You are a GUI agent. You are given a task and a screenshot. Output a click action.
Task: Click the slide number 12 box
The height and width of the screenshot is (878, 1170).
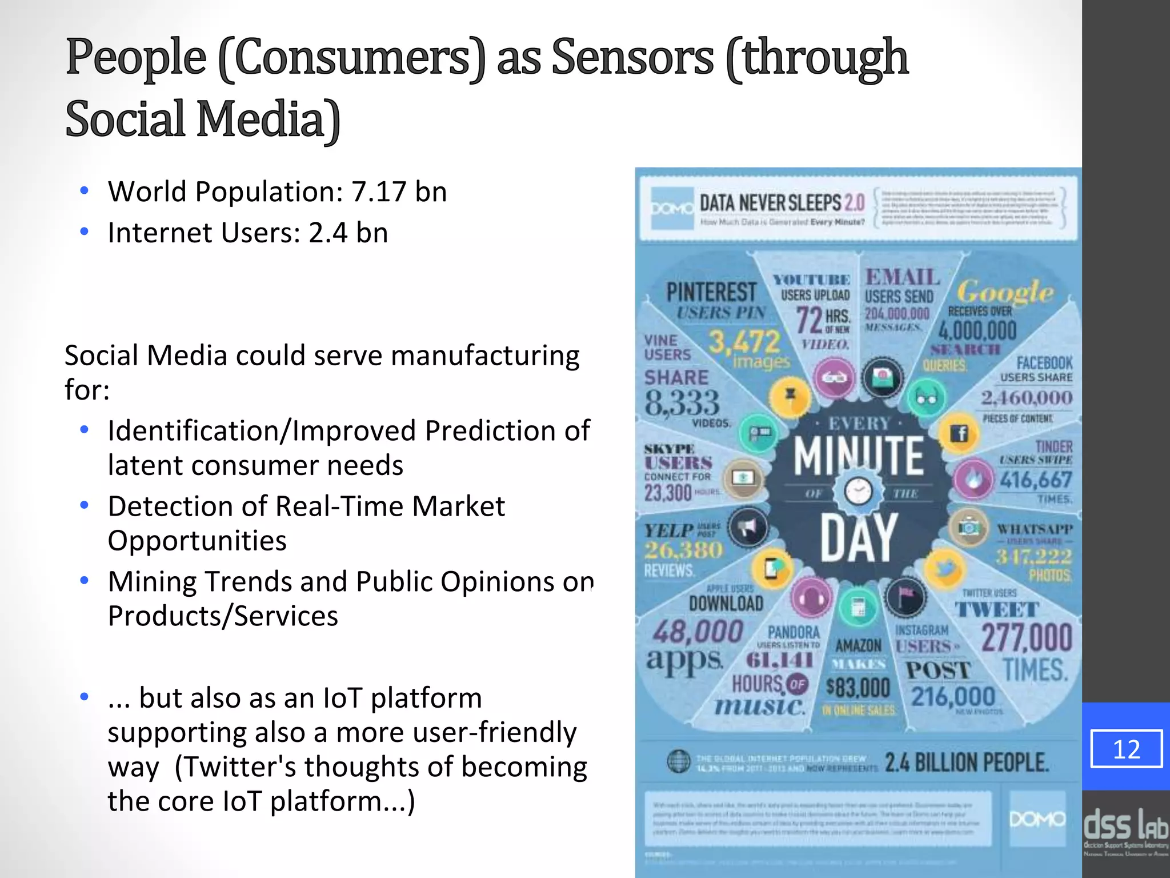[1126, 748]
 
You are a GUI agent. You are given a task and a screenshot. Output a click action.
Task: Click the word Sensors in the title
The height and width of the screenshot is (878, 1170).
[632, 58]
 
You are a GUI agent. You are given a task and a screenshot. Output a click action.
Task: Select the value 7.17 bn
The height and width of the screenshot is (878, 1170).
[399, 191]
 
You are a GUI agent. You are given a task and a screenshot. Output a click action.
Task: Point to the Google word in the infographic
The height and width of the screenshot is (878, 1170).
[1005, 292]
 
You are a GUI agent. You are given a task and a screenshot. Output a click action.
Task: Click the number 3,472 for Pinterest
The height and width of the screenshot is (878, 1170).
[744, 342]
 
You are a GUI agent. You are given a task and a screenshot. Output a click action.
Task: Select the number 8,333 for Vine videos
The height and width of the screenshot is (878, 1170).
[682, 403]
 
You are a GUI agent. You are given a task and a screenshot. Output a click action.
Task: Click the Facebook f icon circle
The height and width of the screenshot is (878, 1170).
[959, 433]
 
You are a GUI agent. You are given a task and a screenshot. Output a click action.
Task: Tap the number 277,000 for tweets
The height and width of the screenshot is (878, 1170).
[1027, 637]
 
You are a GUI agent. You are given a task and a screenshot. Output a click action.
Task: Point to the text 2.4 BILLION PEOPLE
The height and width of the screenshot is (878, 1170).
[967, 763]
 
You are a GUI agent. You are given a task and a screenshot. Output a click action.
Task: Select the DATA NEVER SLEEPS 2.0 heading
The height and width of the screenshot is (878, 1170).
[782, 203]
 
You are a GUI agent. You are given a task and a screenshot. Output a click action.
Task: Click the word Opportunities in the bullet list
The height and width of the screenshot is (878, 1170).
[197, 541]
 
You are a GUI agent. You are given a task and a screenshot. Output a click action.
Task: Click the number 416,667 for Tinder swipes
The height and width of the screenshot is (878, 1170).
[1035, 480]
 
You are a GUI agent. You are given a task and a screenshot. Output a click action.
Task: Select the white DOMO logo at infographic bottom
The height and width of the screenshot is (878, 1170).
[1037, 820]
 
